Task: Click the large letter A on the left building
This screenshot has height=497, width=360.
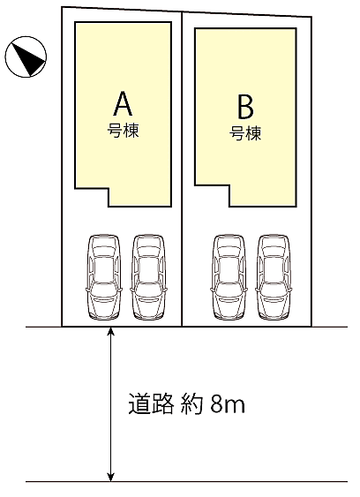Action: coord(123,103)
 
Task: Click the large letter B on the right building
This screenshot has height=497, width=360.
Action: coord(245,107)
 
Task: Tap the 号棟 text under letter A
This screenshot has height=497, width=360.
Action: coord(123,131)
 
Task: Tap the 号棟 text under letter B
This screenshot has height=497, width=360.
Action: coord(245,133)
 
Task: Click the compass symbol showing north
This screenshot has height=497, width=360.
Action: coord(26,56)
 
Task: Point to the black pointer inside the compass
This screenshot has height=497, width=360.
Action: coord(28,58)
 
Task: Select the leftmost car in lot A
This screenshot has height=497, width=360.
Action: coord(104,276)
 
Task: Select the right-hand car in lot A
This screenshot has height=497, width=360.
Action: coord(148,276)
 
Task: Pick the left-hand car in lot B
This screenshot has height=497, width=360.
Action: coord(229,276)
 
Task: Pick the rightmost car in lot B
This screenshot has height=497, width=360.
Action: coord(274,276)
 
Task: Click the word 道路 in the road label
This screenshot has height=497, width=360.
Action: coord(151,403)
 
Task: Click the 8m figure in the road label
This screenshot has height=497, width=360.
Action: coord(228,404)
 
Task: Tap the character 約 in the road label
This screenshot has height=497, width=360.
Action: coord(191,403)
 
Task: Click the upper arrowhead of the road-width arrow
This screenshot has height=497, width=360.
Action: coord(110,331)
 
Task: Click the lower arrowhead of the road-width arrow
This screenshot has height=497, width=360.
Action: coord(110,477)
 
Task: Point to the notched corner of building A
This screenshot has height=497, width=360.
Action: coord(109,189)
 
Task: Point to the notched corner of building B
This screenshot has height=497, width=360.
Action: coord(229,185)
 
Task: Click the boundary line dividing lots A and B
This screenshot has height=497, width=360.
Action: coord(182,169)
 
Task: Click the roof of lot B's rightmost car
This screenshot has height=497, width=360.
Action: coord(274,269)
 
